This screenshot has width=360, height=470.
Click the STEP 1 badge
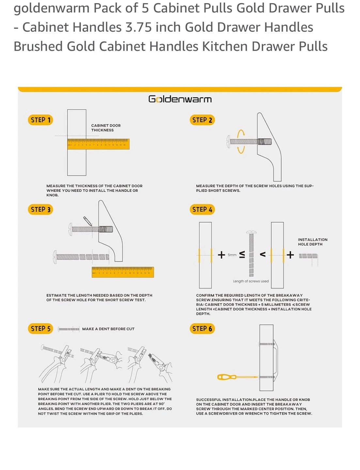(x=40, y=120)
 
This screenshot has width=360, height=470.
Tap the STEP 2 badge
(x=202, y=120)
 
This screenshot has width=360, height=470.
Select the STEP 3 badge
(x=40, y=210)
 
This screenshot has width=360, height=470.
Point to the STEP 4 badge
(x=202, y=210)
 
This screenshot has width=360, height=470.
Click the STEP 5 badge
(x=40, y=329)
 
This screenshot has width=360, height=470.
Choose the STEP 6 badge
(x=202, y=329)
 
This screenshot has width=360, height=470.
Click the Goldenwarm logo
(x=180, y=99)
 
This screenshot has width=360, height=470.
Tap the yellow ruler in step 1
(x=98, y=144)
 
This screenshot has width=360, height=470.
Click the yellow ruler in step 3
(x=123, y=272)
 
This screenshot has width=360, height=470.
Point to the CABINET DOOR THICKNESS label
(x=106, y=128)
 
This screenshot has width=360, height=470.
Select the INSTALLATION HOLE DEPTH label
(x=312, y=242)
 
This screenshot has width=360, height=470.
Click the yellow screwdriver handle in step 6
(x=227, y=377)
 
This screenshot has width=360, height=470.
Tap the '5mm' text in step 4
(x=232, y=255)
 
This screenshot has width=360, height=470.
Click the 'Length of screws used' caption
(x=251, y=281)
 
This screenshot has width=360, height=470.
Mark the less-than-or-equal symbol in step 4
(x=242, y=255)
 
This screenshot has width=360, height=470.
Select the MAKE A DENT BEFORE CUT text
(x=108, y=329)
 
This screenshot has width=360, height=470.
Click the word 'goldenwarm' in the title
(x=51, y=8)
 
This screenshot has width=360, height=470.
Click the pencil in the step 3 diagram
(x=87, y=221)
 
